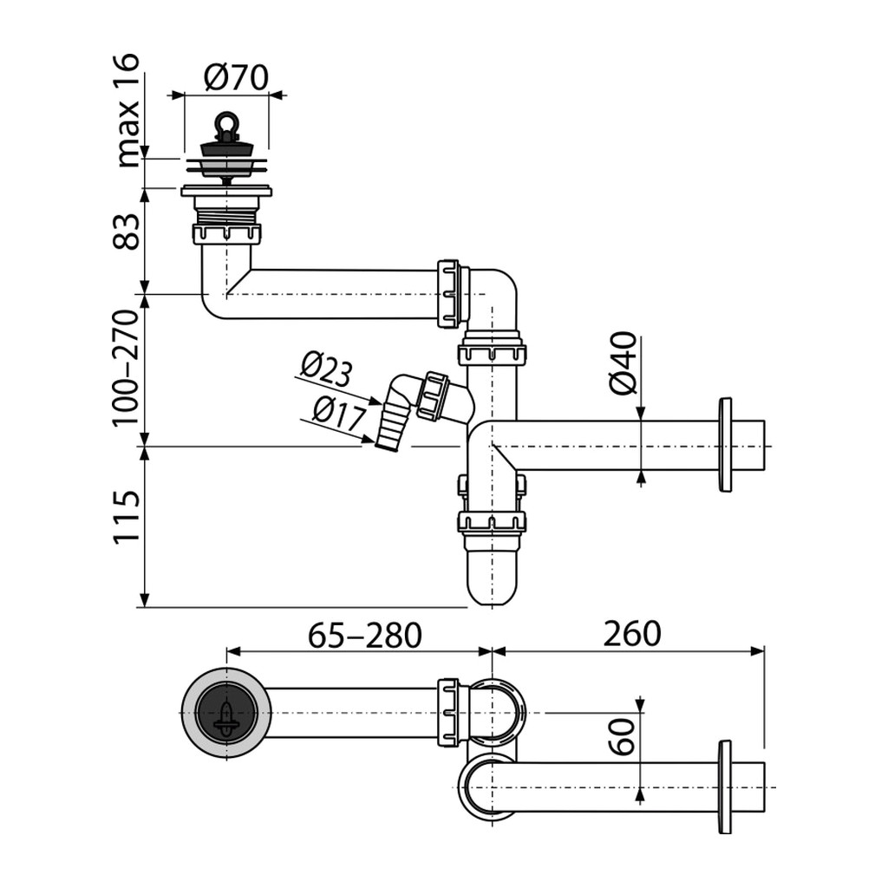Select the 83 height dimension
click(x=127, y=232)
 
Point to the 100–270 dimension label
click(x=126, y=368)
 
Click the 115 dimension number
click(x=127, y=518)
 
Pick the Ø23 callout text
click(x=326, y=369)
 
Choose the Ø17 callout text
click(x=339, y=413)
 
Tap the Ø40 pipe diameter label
click(x=623, y=363)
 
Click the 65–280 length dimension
click(x=365, y=635)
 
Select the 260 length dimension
click(x=632, y=634)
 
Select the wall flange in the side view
click(x=725, y=445)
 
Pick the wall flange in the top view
click(x=725, y=787)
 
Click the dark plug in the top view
click(x=226, y=713)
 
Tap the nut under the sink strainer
click(x=226, y=233)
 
